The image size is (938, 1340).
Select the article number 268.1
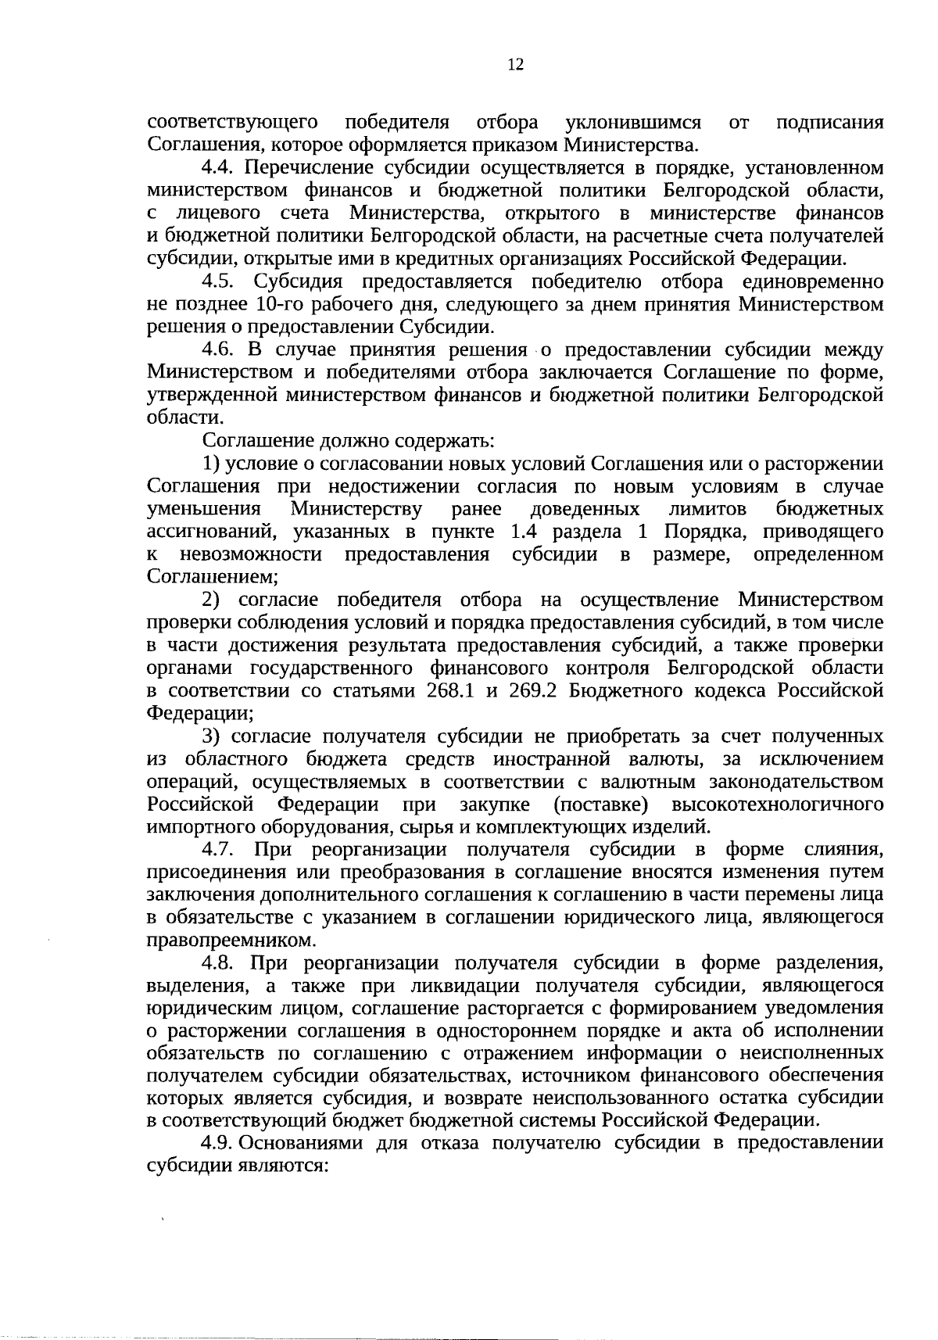click(x=450, y=691)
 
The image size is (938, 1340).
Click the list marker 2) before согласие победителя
click(x=211, y=600)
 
